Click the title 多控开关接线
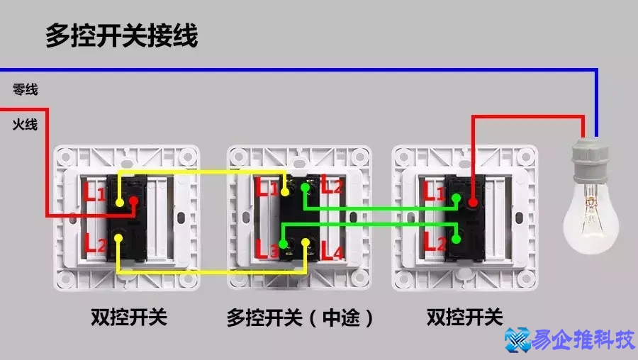tap(121, 35)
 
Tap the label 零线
tap(25, 90)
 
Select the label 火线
tap(25, 125)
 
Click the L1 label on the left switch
tap(94, 191)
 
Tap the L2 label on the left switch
tap(96, 245)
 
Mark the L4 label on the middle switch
tap(331, 249)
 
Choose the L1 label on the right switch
tap(435, 191)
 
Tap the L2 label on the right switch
tap(435, 243)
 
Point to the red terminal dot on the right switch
tap(473, 203)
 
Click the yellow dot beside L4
tap(307, 244)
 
